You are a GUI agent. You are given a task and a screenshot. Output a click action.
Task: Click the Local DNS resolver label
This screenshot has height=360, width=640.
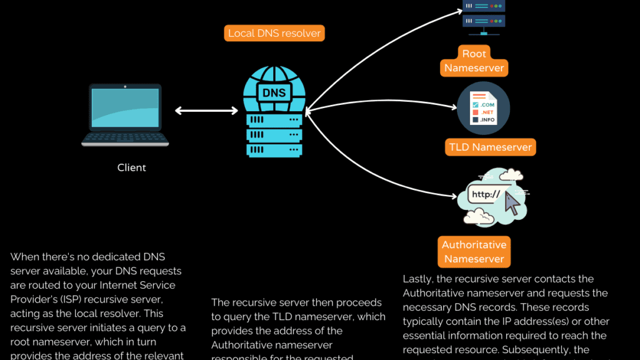(x=274, y=33)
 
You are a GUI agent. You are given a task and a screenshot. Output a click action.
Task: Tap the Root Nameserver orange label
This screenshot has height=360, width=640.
(x=474, y=61)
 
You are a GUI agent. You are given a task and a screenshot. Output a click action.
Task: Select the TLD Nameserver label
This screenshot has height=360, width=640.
(x=491, y=147)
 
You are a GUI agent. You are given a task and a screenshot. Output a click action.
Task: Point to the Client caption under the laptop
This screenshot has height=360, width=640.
(x=132, y=167)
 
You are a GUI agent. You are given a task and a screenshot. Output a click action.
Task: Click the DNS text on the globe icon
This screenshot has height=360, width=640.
(x=274, y=93)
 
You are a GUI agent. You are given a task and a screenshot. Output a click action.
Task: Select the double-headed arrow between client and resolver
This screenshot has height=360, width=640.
(x=206, y=111)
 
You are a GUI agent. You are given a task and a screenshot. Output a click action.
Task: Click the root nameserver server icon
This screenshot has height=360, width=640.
(x=483, y=14)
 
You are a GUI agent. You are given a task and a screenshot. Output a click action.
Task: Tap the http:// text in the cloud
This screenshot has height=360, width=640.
(x=486, y=194)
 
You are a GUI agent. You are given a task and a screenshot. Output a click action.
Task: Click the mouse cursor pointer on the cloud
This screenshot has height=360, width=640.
(x=512, y=203)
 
